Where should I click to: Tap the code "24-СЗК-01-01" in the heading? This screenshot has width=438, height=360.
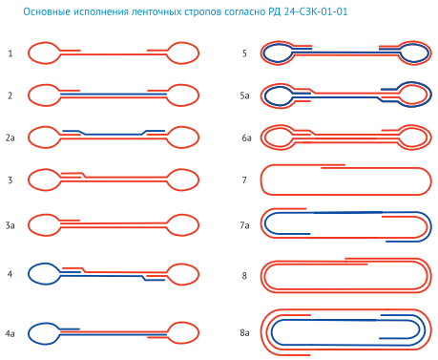(x=316, y=11)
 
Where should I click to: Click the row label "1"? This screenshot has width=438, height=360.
(x=10, y=53)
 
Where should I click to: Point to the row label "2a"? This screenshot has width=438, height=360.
(x=10, y=138)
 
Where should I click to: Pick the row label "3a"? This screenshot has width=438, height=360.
(x=10, y=225)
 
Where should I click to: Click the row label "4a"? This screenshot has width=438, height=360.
(x=10, y=333)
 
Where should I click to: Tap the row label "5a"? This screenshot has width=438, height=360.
(x=244, y=95)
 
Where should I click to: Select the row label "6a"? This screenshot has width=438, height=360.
(x=246, y=138)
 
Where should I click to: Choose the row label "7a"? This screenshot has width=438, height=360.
(x=244, y=225)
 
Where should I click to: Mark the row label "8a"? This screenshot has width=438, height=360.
(x=244, y=333)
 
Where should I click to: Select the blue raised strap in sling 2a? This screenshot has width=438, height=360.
(x=114, y=135)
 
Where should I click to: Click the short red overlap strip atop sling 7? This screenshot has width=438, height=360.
(x=333, y=166)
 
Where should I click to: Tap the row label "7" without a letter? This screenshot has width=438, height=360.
(x=244, y=180)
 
